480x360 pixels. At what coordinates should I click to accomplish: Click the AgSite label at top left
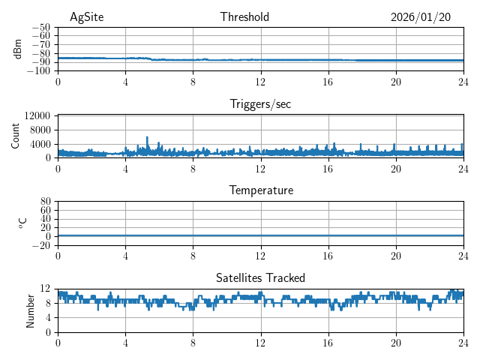click(x=87, y=17)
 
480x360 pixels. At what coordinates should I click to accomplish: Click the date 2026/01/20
click(x=421, y=17)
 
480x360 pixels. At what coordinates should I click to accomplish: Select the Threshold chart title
click(x=244, y=17)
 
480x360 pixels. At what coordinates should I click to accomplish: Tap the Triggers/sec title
click(x=260, y=104)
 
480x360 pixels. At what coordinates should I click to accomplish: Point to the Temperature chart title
click(x=261, y=190)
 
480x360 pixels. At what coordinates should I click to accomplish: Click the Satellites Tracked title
click(x=260, y=277)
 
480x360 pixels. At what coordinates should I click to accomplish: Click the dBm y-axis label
click(x=18, y=49)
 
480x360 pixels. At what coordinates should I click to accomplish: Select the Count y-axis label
click(x=16, y=136)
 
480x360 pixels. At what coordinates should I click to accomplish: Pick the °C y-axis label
click(x=22, y=223)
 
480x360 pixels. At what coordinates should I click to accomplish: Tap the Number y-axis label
click(x=30, y=310)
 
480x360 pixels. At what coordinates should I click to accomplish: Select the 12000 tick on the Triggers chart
click(x=37, y=115)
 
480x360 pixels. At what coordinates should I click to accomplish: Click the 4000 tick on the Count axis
click(x=40, y=144)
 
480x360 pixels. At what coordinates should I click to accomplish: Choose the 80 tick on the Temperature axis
click(x=46, y=202)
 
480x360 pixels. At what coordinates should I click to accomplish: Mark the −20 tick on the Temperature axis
click(x=42, y=245)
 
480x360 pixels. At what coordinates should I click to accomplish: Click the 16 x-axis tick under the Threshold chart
click(x=328, y=82)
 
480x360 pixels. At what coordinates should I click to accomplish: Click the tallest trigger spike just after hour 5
click(x=147, y=138)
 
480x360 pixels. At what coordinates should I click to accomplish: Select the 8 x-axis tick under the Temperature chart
click(x=193, y=256)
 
